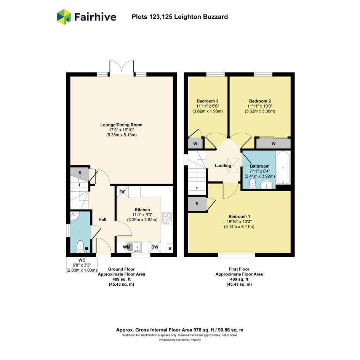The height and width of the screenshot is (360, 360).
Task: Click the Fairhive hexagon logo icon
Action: click(x=64, y=17)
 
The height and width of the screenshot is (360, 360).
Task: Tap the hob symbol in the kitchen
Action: click(x=167, y=218)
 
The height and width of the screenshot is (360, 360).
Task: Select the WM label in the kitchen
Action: click(x=127, y=247)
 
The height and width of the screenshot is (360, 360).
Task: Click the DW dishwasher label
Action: click(x=155, y=247)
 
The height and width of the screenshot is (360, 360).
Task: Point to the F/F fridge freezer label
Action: click(x=123, y=192)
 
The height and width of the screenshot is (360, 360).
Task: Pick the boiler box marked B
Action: click(x=170, y=248)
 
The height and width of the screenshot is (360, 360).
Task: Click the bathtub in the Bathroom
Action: click(x=283, y=168)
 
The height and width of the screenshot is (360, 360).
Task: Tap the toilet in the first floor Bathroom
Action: click(x=252, y=184)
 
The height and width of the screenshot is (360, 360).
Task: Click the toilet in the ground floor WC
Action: click(x=80, y=246)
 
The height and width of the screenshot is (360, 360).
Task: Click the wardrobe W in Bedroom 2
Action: click(x=273, y=144)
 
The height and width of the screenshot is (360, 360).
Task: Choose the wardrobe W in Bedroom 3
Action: click(x=195, y=144)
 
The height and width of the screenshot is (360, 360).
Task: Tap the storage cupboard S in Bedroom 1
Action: click(x=197, y=204)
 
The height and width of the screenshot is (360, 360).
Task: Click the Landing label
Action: click(x=223, y=166)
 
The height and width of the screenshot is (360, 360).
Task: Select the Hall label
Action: click(x=102, y=219)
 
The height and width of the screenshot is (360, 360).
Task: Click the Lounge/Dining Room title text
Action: click(x=121, y=125)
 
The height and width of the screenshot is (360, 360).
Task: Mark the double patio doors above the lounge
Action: click(x=122, y=68)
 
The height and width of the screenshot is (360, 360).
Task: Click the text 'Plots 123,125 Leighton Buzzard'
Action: click(x=180, y=17)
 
